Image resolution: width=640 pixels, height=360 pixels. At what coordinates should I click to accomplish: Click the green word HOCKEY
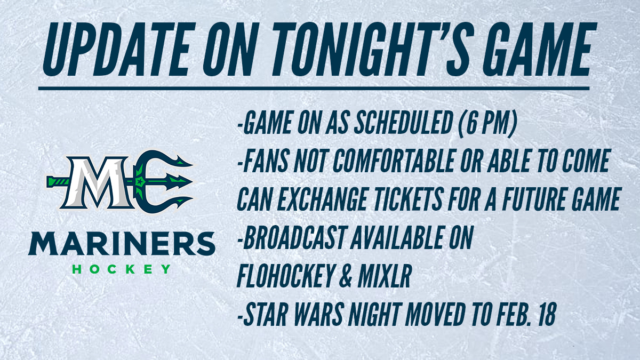pyautogui.click(x=122, y=269)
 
